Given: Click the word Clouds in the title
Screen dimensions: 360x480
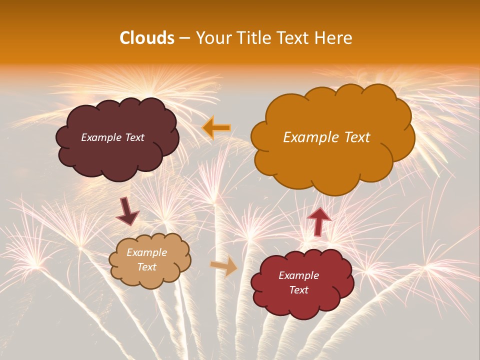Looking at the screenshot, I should (x=147, y=38).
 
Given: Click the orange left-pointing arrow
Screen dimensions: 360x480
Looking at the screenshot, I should (x=216, y=128).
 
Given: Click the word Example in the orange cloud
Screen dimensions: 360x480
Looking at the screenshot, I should (x=309, y=137).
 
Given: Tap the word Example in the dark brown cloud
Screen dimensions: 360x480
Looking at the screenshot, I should (x=100, y=137).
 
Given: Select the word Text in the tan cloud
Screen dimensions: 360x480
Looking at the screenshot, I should (x=147, y=267).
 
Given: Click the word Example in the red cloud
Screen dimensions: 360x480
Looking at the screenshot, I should (x=298, y=275).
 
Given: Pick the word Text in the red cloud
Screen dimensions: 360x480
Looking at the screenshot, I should (x=298, y=290).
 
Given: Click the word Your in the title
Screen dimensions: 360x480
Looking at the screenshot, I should (x=212, y=38).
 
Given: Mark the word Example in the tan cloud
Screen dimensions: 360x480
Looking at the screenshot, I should (x=146, y=252).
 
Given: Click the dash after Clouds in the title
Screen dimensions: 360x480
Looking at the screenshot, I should (x=184, y=38).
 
